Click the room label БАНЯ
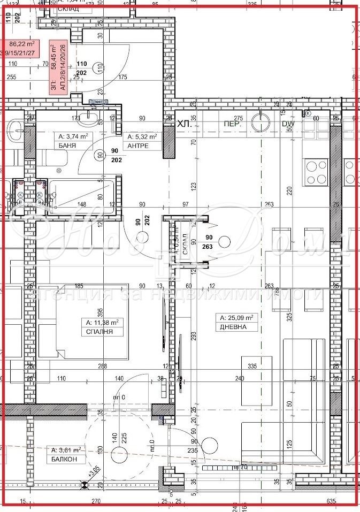pos(65,145)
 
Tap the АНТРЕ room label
pos(137,145)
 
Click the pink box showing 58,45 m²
pos(57,67)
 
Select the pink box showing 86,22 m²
pos(21,48)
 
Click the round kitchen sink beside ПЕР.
pos(261,121)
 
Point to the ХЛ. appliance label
pos(185,124)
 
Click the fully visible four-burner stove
pos(316,172)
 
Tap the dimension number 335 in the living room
pos(252,366)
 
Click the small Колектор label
pos(98,101)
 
